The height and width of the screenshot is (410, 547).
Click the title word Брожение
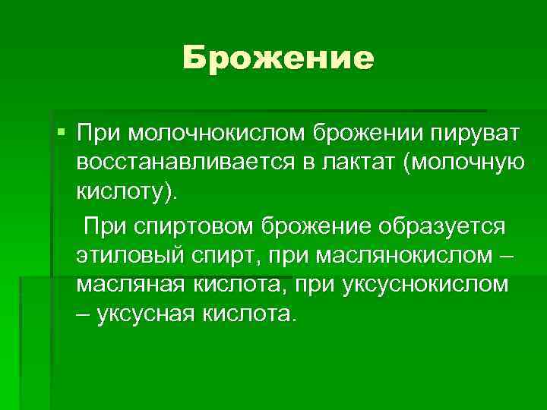click(278, 58)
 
